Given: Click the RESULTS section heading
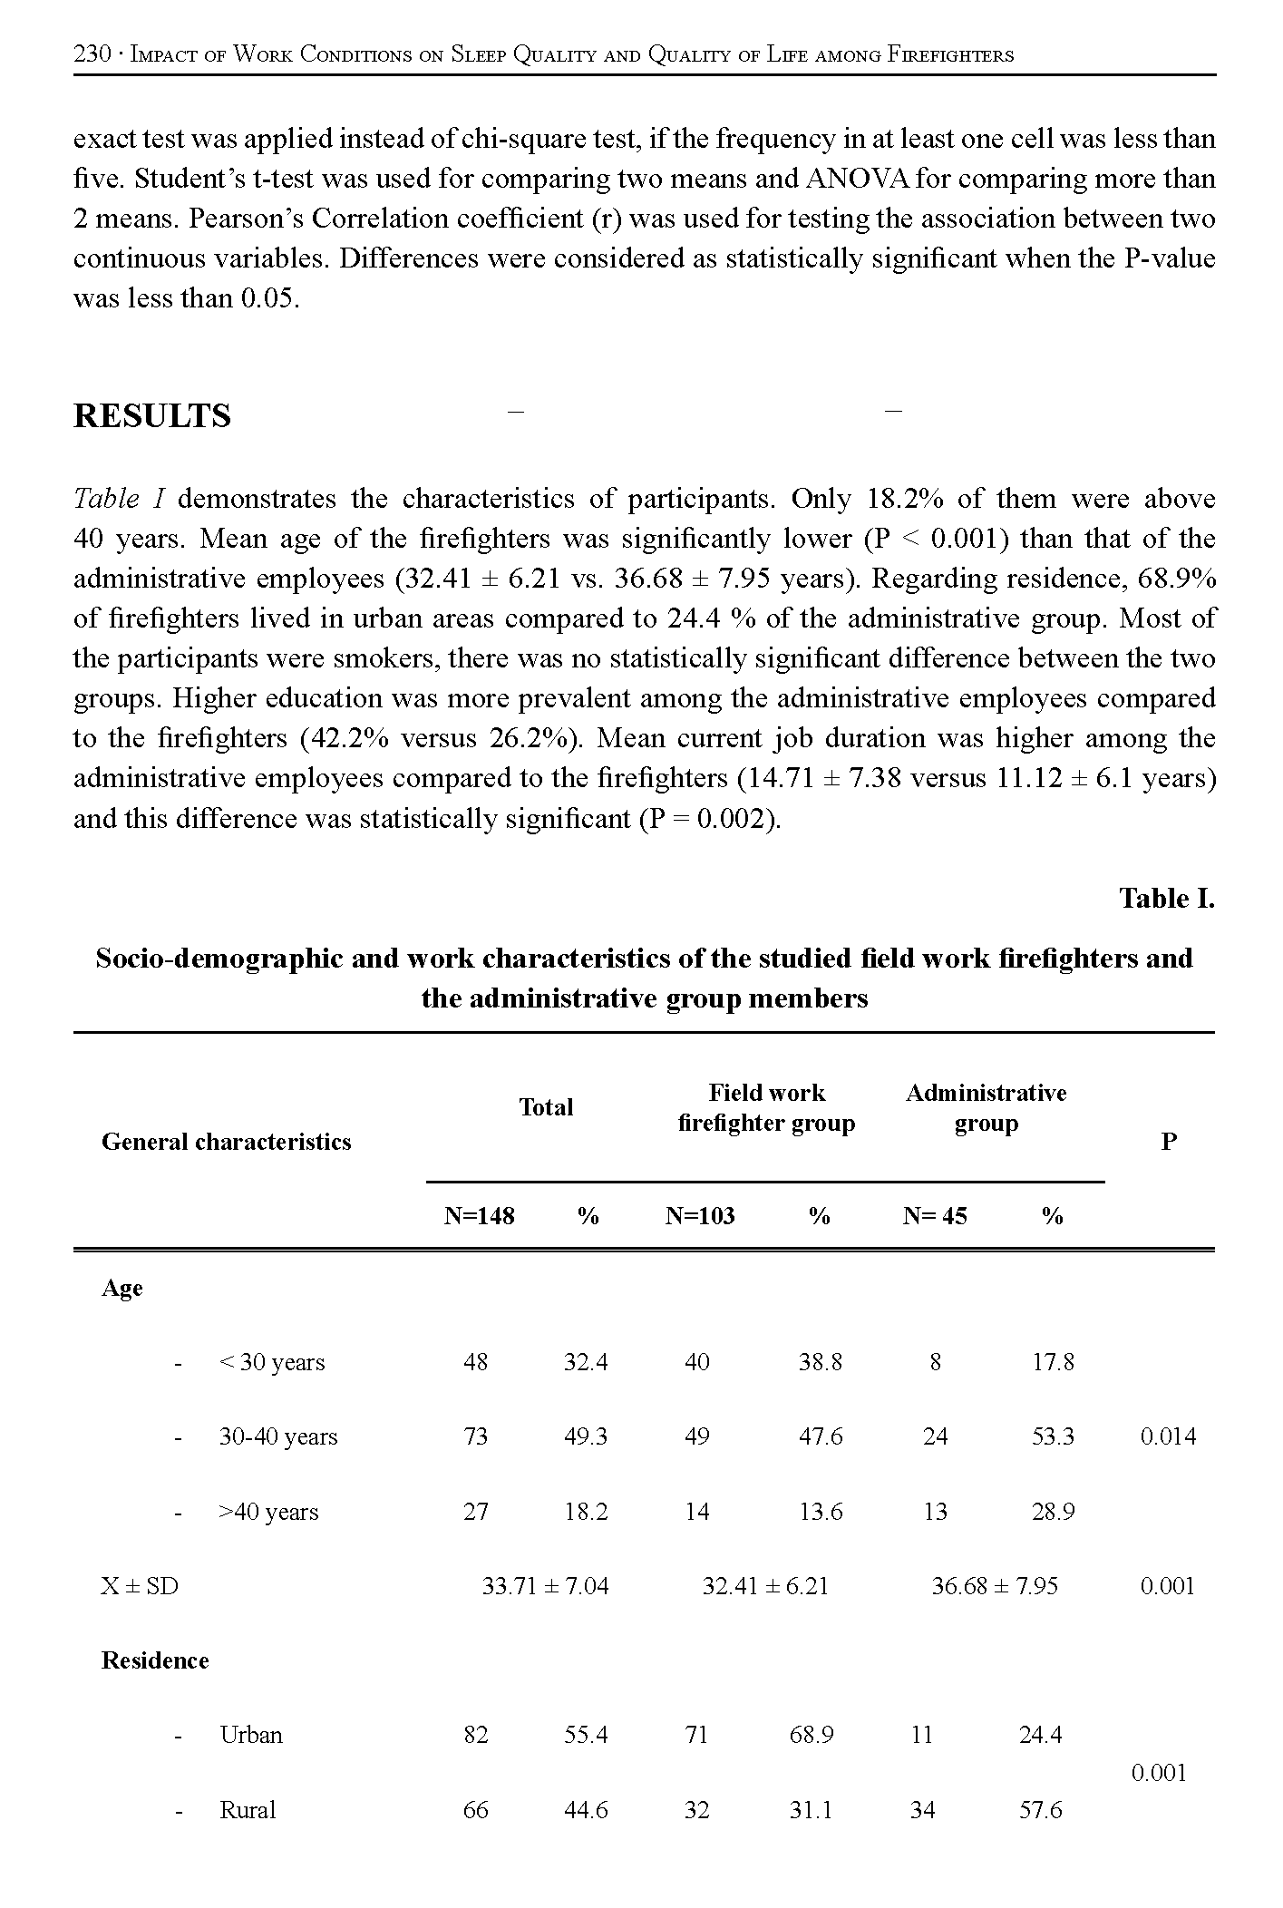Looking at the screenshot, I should click(x=151, y=416).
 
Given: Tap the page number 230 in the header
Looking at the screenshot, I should click(x=92, y=54).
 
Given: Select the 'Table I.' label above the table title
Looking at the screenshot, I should click(x=1166, y=899).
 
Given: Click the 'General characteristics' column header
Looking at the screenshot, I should click(x=226, y=1142).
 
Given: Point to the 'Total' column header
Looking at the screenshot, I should click(x=546, y=1107).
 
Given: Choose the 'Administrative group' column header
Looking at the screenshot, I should click(x=986, y=1107).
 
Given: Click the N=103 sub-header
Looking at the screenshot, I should click(x=700, y=1216).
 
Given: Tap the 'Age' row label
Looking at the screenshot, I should click(x=121, y=1289).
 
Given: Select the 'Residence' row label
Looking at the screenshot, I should click(x=155, y=1660).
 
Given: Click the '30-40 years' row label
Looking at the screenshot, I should click(x=277, y=1436).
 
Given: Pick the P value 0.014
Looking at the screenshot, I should click(x=1168, y=1436).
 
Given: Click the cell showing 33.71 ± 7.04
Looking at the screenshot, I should click(x=545, y=1586).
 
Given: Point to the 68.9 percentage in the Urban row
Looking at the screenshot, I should click(x=812, y=1735).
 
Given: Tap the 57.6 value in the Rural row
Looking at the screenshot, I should click(x=1040, y=1811).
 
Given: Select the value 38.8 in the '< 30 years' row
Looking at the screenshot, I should click(x=820, y=1362).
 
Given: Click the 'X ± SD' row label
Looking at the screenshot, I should click(x=140, y=1586).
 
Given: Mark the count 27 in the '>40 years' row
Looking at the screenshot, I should click(x=475, y=1512).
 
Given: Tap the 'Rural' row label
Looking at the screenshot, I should click(x=248, y=1811).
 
